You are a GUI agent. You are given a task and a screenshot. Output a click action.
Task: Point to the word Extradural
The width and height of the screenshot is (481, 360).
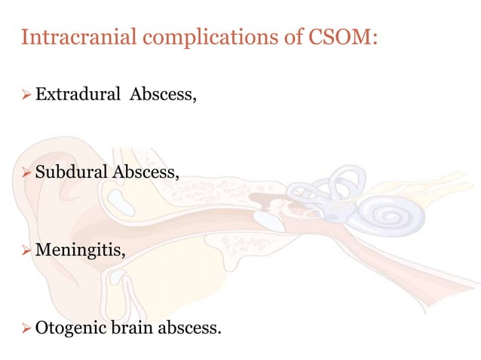[78, 96]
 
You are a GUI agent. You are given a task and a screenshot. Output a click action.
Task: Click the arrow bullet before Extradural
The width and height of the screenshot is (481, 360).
[26, 96]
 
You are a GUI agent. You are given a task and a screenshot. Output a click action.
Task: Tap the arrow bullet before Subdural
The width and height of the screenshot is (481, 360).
[26, 173]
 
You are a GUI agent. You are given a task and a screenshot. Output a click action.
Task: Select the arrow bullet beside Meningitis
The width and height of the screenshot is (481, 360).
[26, 251]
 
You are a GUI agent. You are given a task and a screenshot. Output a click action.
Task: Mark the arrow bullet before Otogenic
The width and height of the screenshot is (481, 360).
[26, 328]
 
